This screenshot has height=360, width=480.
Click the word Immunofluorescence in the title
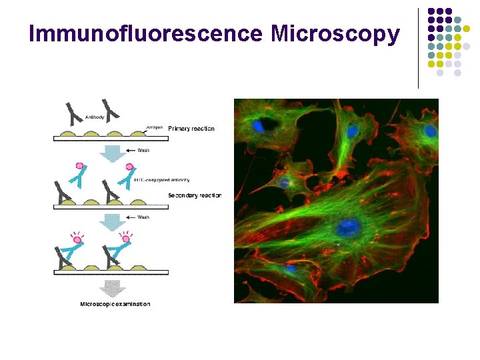coord(147,33)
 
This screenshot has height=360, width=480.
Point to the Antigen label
coord(155,124)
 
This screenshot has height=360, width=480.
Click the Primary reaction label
coord(191,128)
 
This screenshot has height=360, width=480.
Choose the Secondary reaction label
coord(195,195)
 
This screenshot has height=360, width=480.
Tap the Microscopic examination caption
coord(115,305)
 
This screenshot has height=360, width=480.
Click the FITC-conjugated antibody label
coord(162,179)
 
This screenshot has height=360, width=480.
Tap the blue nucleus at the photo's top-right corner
coord(431,131)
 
